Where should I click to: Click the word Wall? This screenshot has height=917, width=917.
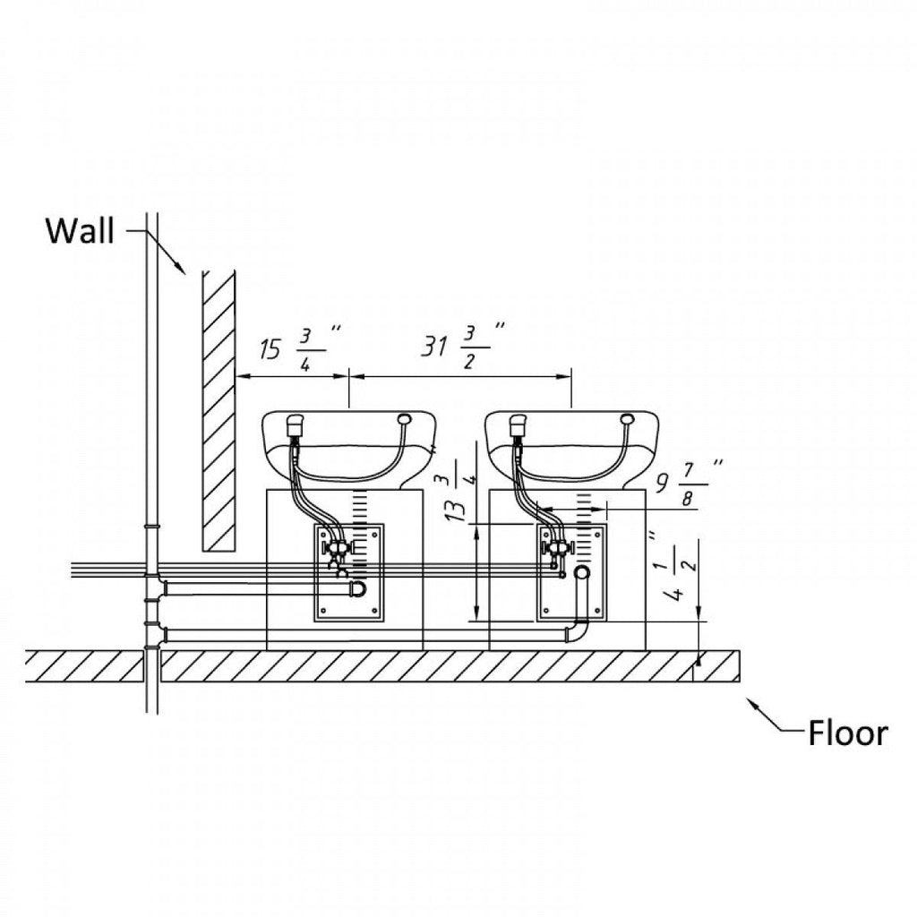(x=81, y=231)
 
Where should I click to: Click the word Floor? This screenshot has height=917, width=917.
(x=847, y=733)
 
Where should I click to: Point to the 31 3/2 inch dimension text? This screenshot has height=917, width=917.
(x=462, y=345)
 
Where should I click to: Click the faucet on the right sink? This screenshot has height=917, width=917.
(x=517, y=425)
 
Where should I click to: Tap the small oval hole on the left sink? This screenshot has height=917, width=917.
(x=403, y=418)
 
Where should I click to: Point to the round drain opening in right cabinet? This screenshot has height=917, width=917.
(x=583, y=572)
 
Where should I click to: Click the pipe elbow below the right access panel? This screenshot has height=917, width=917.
(x=577, y=632)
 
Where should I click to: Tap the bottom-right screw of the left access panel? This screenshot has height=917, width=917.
(x=375, y=611)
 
